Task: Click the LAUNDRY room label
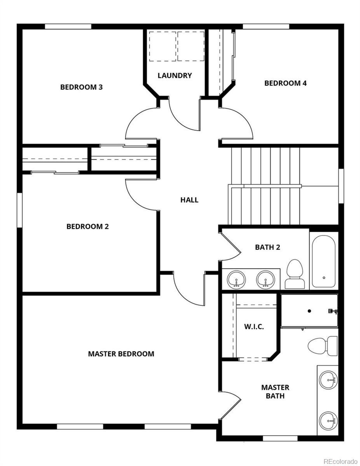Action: point(175,75)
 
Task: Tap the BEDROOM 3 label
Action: point(81,87)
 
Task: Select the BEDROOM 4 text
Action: point(285,83)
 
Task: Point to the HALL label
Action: point(189,200)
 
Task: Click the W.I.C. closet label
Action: point(254,327)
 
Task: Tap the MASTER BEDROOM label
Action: point(121,354)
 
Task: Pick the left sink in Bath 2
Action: point(236,279)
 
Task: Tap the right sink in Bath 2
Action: point(265,279)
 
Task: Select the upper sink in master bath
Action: point(328,380)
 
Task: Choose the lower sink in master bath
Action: point(328,420)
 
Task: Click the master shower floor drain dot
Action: point(309,311)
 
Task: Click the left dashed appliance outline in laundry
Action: point(162,46)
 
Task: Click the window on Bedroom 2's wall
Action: point(19,210)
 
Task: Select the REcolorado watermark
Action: point(340,462)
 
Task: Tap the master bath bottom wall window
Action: point(280,438)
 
